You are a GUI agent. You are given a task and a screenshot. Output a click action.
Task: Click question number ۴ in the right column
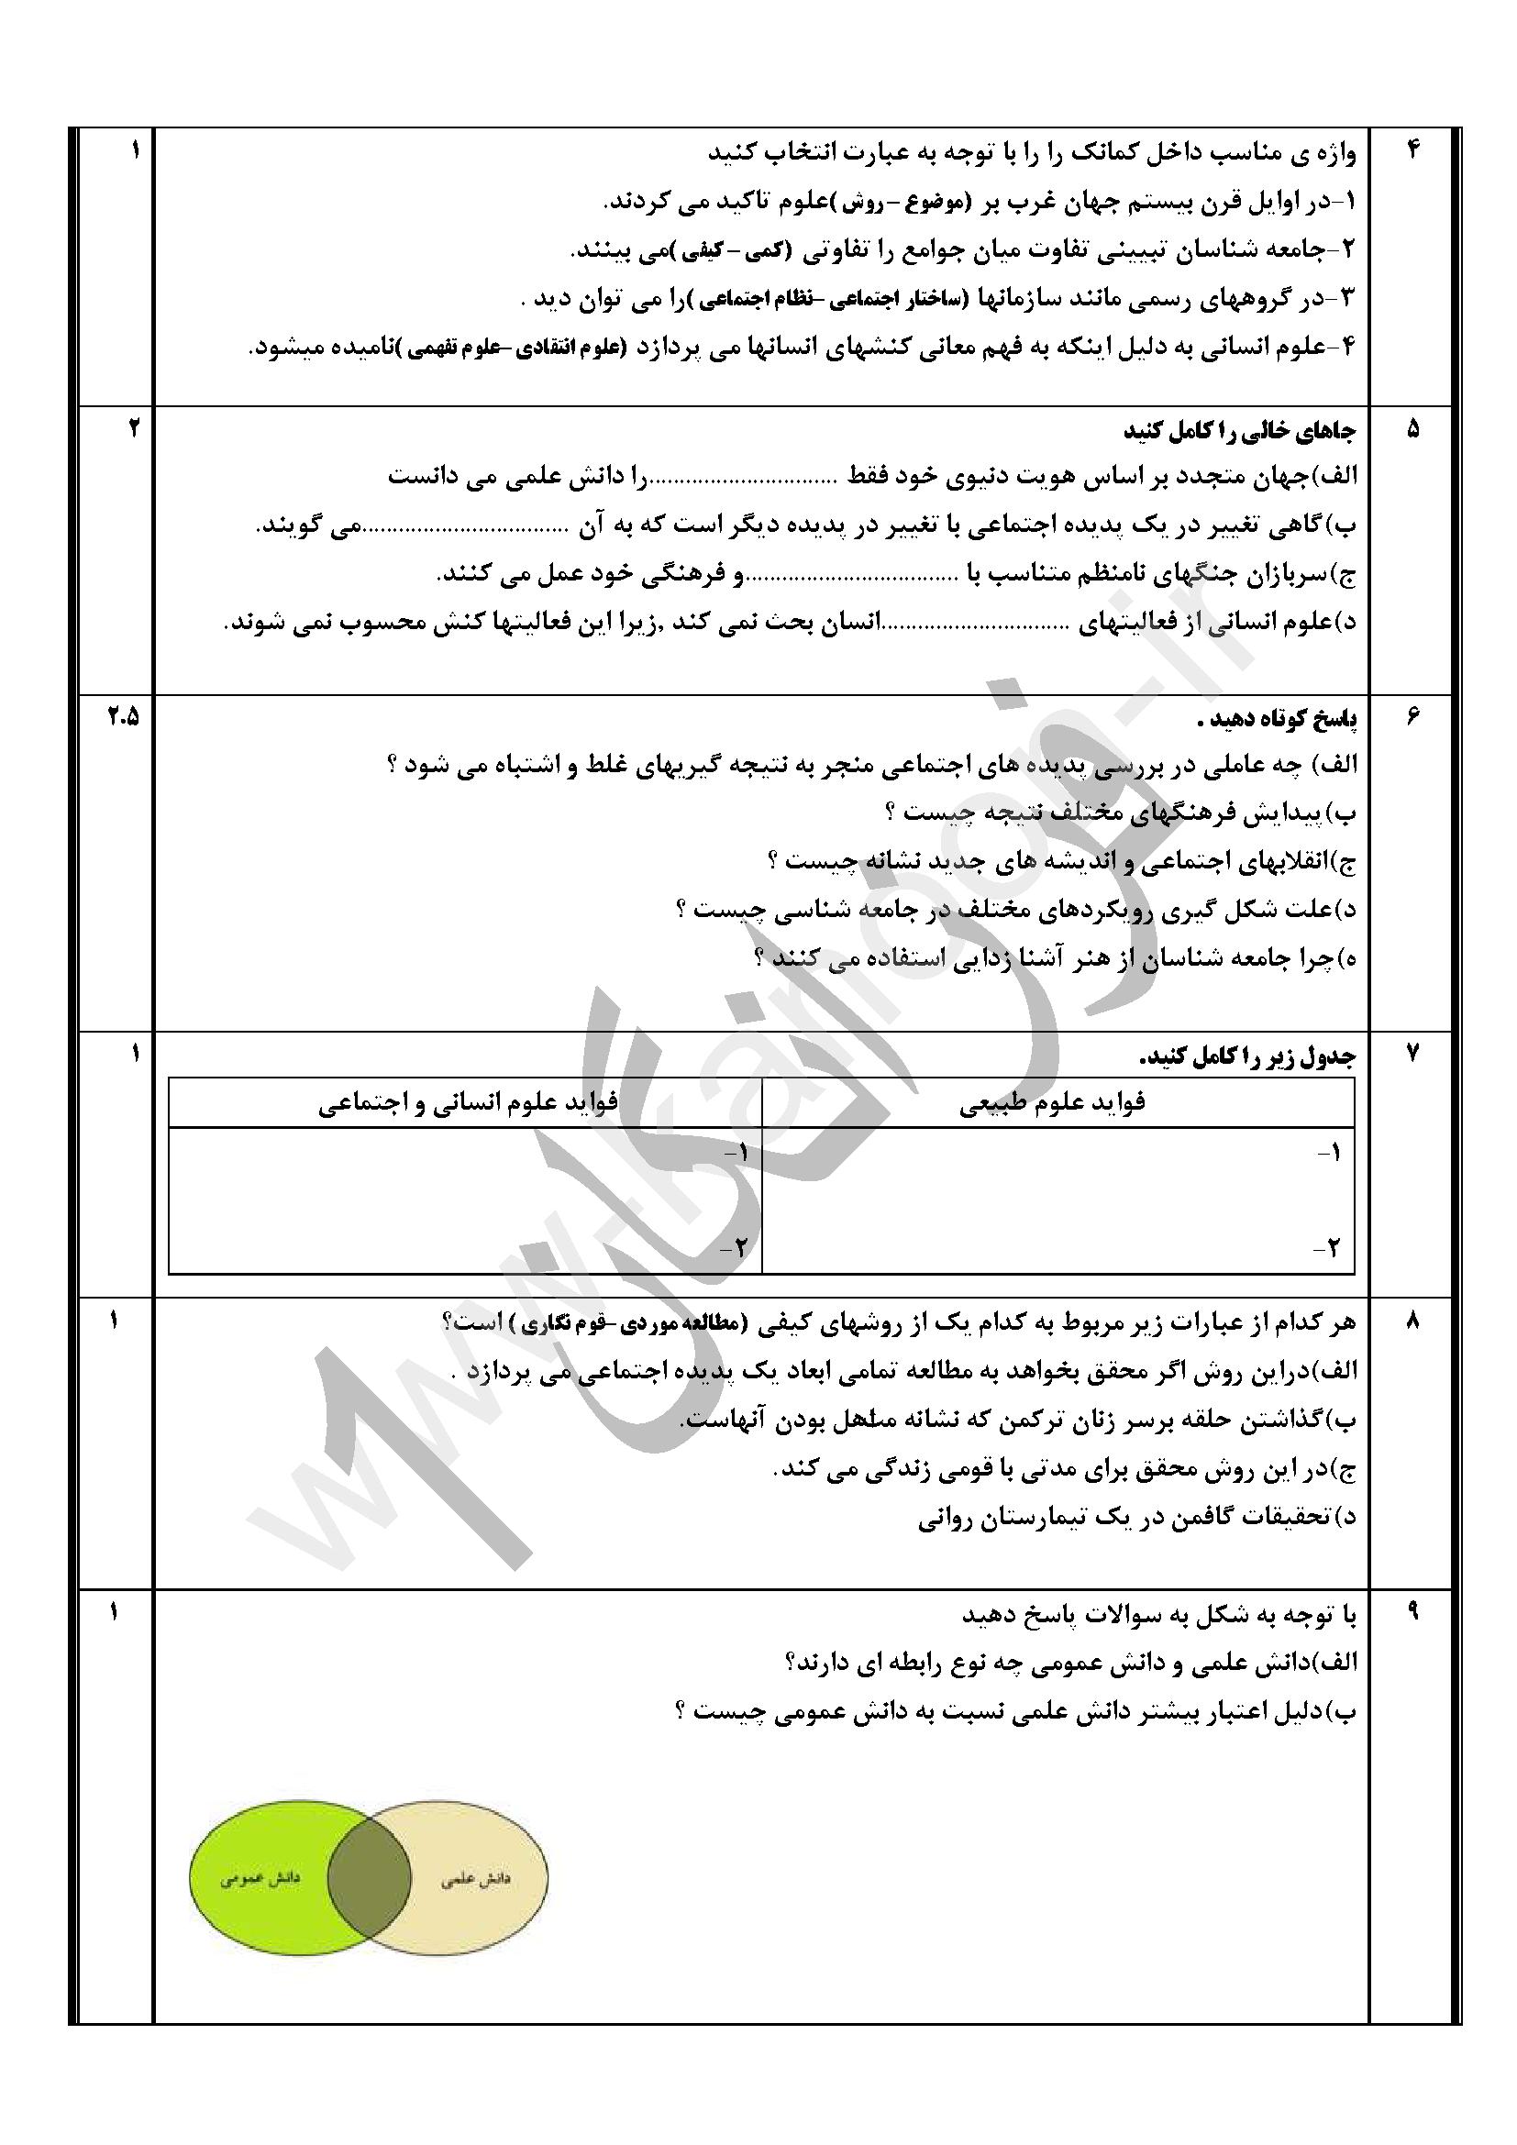[1412, 150]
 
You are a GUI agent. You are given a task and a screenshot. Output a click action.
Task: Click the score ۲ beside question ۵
[134, 429]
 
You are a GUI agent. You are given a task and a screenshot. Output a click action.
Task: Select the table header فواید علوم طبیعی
[1053, 1103]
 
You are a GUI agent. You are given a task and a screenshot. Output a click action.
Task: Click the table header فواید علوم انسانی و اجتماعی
[467, 1103]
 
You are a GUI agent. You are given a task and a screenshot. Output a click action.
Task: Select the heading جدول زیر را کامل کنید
[1247, 1056]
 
